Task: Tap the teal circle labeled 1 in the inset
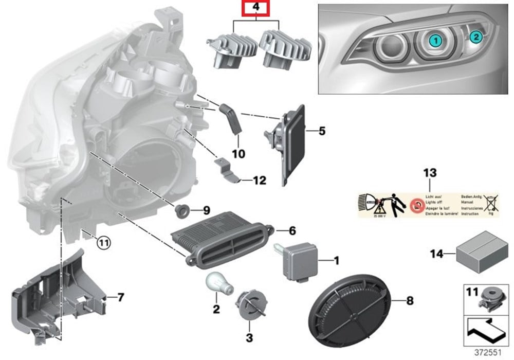[x=435, y=39]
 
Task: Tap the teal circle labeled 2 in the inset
[x=476, y=36]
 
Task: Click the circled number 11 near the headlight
[x=104, y=242]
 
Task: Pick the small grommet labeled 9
[x=183, y=210]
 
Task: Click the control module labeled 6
[x=221, y=239]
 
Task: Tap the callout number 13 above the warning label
[x=429, y=174]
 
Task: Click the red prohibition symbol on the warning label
[x=418, y=205]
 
